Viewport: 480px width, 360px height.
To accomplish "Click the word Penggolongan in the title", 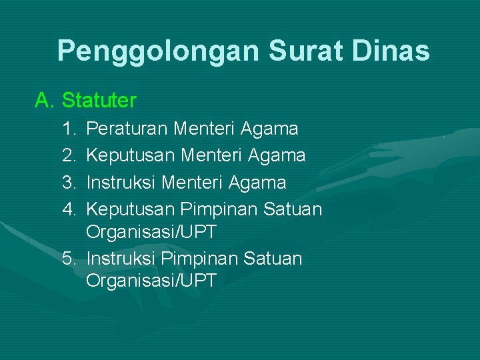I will tap(157, 51).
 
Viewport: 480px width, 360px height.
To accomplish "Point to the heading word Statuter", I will tap(99, 101).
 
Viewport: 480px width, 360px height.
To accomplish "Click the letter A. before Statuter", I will tap(45, 101).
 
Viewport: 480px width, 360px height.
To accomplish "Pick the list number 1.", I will tap(69, 128).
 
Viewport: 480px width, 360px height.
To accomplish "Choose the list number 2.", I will tap(69, 155).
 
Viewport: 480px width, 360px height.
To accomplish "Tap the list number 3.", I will tap(69, 183).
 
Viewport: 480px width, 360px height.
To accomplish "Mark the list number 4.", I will tap(69, 210).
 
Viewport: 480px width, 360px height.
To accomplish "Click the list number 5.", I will tap(69, 258).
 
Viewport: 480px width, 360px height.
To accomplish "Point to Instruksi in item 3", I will tap(122, 183).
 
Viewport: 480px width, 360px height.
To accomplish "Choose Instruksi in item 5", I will tap(122, 258).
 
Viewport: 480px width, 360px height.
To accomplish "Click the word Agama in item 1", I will tap(270, 128).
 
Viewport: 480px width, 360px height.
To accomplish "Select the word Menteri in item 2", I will tap(211, 155).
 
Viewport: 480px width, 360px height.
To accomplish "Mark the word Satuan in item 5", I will tap(273, 258).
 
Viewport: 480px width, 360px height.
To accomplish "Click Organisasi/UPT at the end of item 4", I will tap(151, 233).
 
